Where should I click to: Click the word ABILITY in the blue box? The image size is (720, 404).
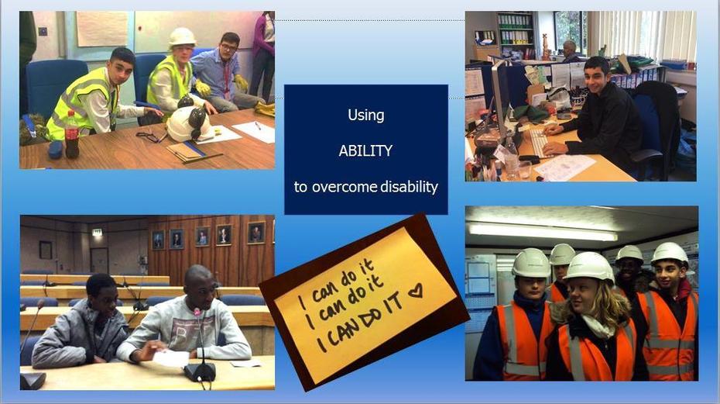[365, 150]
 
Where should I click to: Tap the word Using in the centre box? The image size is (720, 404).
[366, 115]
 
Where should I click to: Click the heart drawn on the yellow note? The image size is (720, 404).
[416, 290]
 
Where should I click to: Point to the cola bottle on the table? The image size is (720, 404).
[72, 134]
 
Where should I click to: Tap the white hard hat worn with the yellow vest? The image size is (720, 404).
[182, 37]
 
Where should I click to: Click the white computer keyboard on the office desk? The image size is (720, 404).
[539, 142]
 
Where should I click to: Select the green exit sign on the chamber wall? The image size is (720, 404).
[97, 233]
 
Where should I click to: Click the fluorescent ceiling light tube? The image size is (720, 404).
[542, 231]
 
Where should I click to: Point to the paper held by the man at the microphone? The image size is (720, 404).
[170, 358]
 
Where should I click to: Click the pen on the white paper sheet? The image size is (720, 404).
[258, 126]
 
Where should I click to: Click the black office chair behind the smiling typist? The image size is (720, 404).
[654, 129]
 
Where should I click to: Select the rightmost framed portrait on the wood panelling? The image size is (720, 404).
[256, 233]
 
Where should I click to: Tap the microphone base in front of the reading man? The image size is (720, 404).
[200, 372]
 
